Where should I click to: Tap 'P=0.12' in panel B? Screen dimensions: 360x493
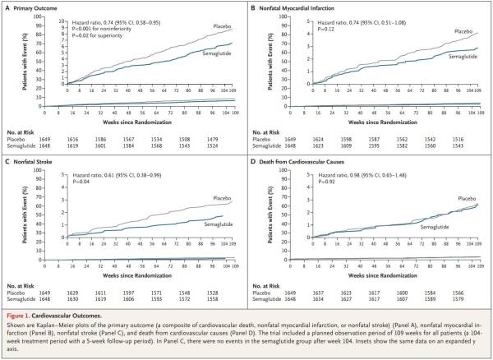pos(321,25)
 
